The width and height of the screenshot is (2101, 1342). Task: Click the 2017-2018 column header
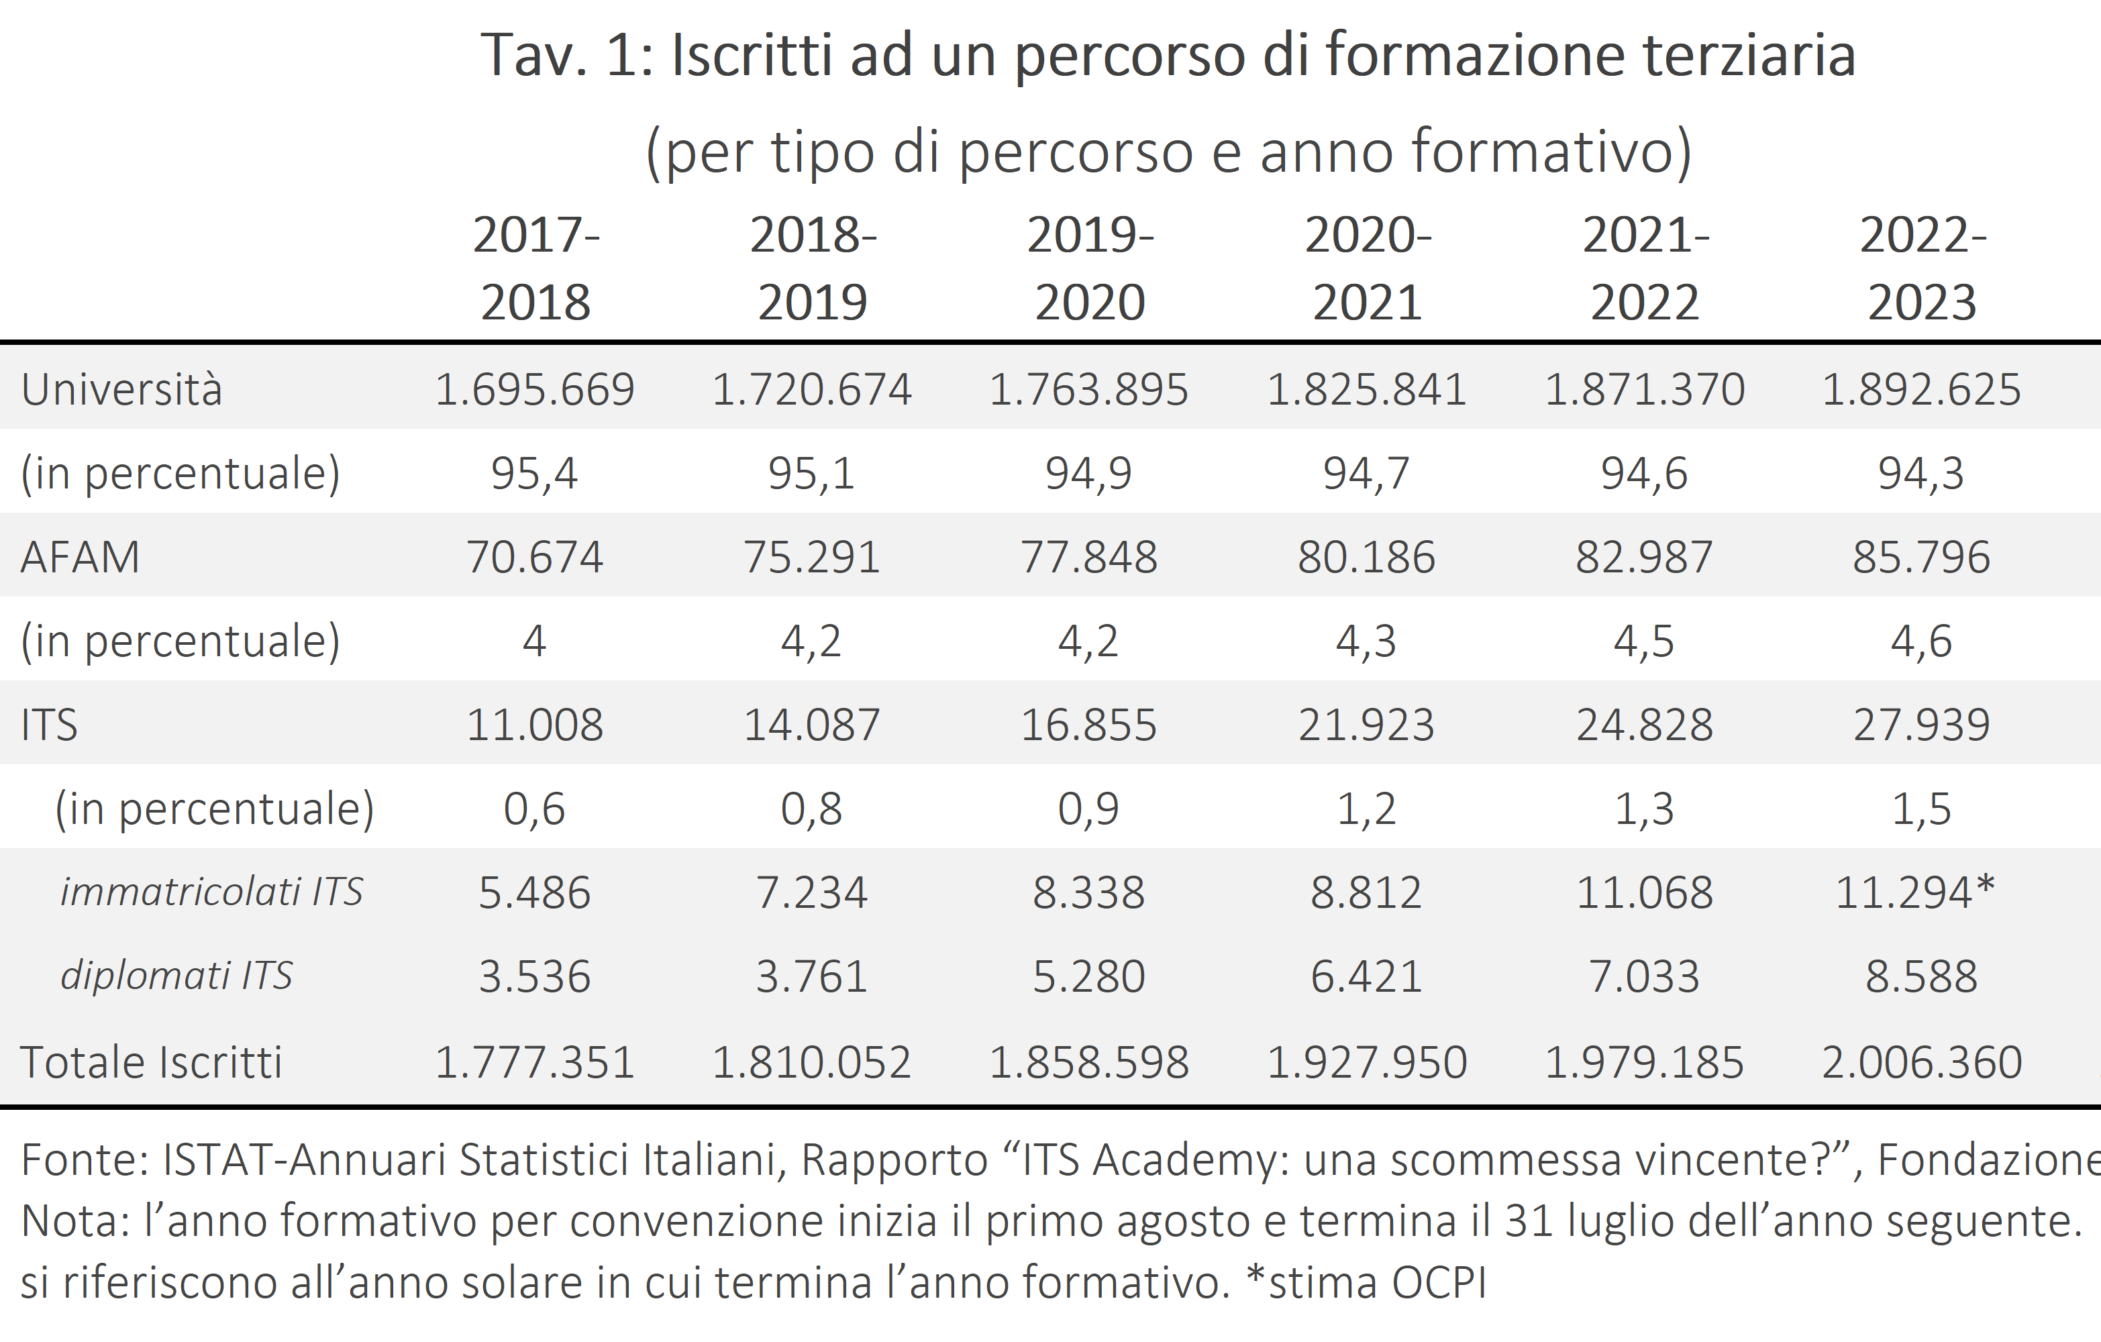[535, 268]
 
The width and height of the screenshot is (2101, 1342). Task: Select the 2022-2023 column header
[1922, 268]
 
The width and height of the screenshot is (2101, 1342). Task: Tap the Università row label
[122, 389]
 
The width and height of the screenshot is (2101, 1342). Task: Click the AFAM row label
[81, 557]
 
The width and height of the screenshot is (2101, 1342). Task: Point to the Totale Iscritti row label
[151, 1063]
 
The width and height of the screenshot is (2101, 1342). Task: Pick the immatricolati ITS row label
[211, 892]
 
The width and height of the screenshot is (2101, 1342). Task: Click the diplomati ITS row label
[176, 976]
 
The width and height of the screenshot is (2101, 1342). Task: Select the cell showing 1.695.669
[535, 389]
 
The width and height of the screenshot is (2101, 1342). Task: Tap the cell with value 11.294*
[1915, 892]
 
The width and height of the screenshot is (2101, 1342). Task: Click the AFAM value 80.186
[1366, 557]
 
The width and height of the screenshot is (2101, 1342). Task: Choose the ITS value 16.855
[1089, 724]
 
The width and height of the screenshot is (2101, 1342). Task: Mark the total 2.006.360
[1922, 1063]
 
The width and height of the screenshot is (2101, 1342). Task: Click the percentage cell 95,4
[534, 473]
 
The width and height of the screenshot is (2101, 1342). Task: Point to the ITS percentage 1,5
[1921, 809]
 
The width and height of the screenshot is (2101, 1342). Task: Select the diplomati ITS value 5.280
[1089, 976]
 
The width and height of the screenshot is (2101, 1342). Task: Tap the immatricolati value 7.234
[811, 892]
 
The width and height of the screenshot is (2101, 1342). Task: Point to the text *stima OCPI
[1366, 1282]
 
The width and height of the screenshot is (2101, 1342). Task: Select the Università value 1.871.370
[1645, 389]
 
